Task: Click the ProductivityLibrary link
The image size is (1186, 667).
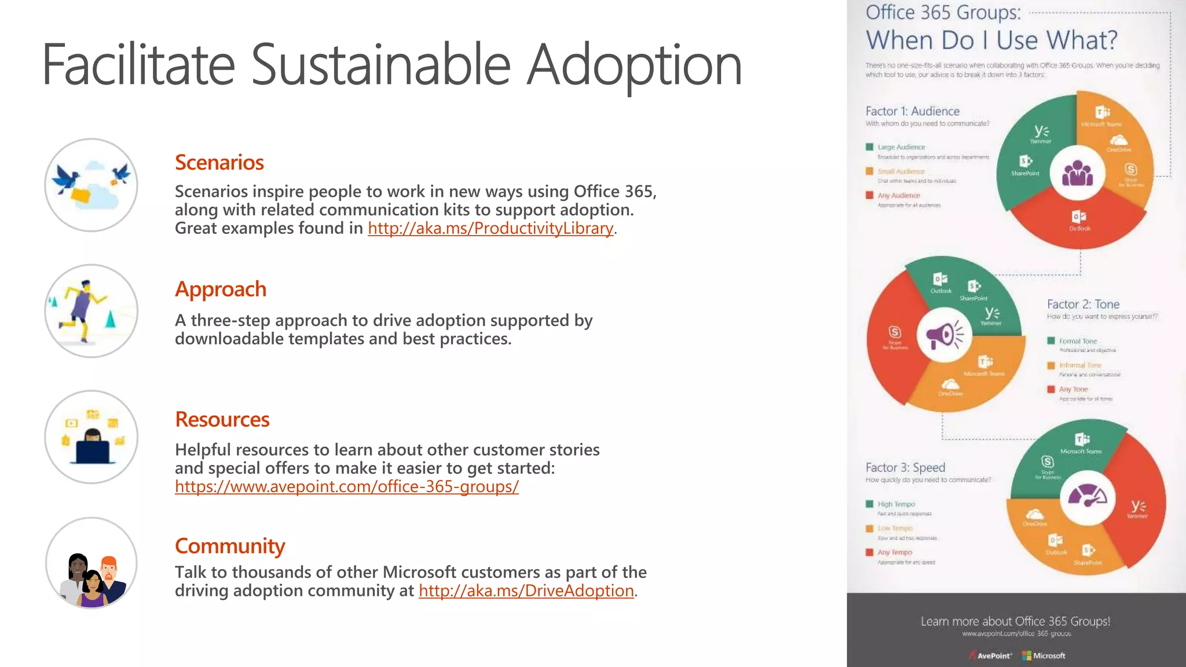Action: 490,228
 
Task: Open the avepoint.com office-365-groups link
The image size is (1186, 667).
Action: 347,486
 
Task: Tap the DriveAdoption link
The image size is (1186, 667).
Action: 526,591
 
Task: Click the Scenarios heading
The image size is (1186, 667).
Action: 219,163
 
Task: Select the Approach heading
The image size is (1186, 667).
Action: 221,289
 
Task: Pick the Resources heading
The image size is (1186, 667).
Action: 222,419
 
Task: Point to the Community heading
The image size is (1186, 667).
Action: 230,546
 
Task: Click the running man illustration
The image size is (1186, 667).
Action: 91,311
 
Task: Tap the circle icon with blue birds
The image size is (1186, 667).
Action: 91,185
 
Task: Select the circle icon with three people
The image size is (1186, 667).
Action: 91,563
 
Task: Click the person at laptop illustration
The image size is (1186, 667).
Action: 91,437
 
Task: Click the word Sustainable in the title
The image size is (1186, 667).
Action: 380,64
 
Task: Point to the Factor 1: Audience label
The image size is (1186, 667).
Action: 912,111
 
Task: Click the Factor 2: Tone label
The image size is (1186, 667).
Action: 1083,304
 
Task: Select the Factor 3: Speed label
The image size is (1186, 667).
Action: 905,467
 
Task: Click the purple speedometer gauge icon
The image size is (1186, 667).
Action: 1087,497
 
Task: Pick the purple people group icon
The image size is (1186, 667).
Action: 1077,173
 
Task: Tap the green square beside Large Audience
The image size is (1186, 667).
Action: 869,147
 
